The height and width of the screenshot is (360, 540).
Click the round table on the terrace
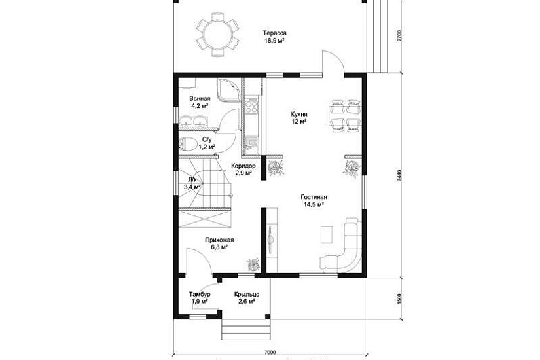point(217,34)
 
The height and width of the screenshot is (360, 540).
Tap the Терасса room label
point(275,33)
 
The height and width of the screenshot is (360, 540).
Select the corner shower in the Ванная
point(228,90)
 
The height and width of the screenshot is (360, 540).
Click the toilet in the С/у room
point(187,143)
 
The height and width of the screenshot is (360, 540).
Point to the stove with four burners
point(251,105)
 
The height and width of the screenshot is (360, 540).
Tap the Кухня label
point(299,114)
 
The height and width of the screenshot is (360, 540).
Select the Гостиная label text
point(314,197)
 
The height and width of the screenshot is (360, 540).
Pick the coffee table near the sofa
point(327,234)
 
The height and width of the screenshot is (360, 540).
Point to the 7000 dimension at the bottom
point(270,352)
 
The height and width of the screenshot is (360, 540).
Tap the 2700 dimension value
point(399,36)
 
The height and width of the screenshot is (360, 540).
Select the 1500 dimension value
point(399,298)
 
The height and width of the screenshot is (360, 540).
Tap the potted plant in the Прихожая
point(253,264)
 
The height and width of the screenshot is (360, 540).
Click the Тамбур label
point(200,294)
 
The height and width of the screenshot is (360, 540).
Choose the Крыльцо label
point(247,294)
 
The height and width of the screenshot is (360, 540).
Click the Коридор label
point(243,166)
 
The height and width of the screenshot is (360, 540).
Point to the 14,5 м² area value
point(314,204)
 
